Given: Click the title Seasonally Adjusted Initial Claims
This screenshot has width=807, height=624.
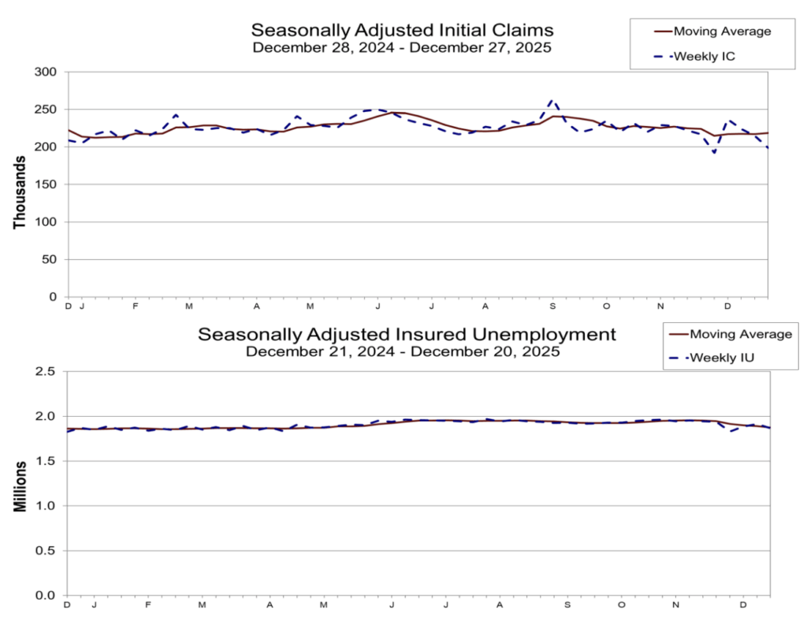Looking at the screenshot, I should point(402,30).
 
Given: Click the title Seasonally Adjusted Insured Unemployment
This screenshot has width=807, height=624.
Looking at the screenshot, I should point(407,334).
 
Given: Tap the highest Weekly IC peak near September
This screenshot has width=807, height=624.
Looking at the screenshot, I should point(552,101).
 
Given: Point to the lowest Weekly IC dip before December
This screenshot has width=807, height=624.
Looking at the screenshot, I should point(714,152).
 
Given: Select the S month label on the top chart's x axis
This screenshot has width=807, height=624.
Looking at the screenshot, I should point(552,306).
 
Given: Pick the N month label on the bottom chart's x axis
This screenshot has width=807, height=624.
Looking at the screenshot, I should point(675,605).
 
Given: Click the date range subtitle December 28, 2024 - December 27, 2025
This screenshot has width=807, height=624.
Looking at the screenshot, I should point(402,47).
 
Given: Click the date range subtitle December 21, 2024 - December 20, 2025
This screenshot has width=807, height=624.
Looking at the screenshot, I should point(402,351).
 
